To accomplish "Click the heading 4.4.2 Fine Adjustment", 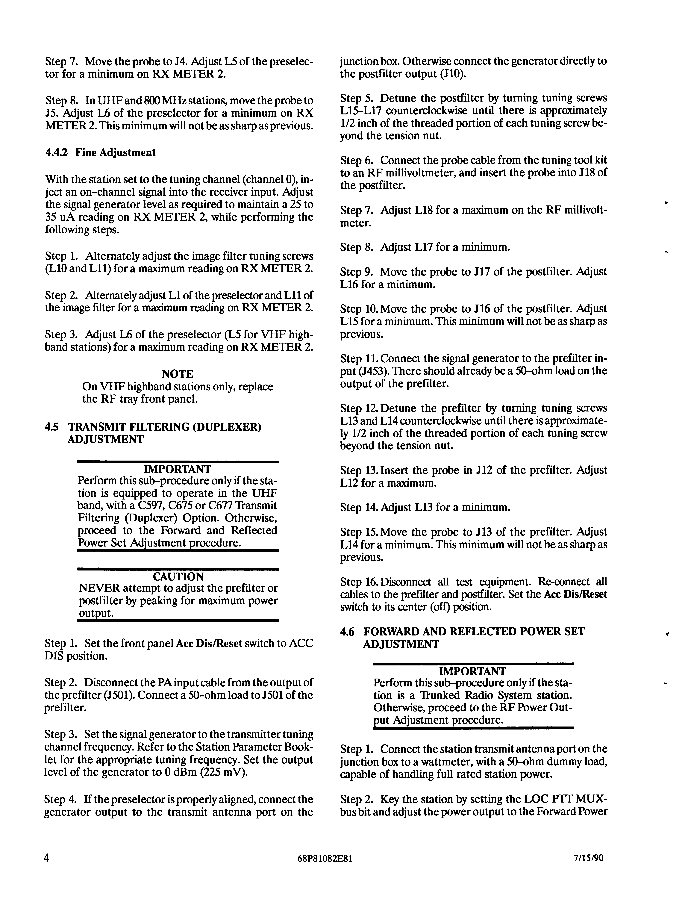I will click(x=100, y=152).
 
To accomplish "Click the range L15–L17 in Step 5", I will click(x=361, y=111).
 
